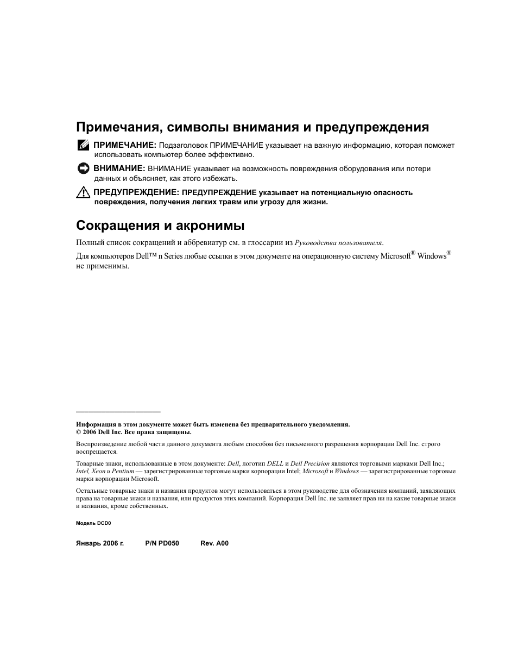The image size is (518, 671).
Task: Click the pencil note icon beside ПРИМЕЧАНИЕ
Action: click(x=83, y=145)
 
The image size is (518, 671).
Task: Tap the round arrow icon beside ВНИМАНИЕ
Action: click(x=83, y=168)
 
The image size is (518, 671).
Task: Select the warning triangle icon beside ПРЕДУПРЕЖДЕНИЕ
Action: click(x=83, y=192)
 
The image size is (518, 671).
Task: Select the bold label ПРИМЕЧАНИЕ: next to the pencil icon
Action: click(x=125, y=146)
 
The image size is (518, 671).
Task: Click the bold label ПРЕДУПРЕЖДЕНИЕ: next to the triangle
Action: click(x=136, y=192)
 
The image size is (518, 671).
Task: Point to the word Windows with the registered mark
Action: click(x=432, y=256)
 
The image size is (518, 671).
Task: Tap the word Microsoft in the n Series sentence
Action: click(x=395, y=256)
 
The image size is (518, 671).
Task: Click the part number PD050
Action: click(x=169, y=543)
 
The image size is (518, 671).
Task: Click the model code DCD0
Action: click(x=104, y=523)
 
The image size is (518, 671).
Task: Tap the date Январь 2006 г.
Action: click(x=100, y=543)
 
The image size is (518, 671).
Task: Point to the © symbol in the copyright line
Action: click(x=79, y=432)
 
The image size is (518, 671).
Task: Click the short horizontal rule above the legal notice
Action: click(x=118, y=412)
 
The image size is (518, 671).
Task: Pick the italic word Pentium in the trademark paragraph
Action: click(x=123, y=471)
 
